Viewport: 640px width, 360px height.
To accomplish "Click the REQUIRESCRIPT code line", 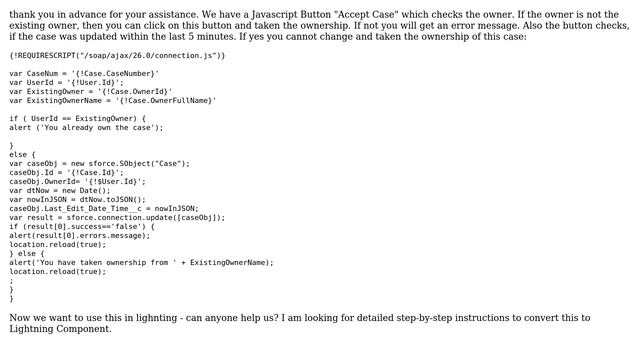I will tap(117, 55).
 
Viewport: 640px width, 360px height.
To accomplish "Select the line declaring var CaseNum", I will tap(84, 73).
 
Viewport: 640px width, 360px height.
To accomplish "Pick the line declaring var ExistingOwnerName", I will tap(112, 100).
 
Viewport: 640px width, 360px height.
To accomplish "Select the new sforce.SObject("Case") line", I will tap(99, 163).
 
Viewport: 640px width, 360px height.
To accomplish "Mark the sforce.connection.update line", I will tap(117, 217).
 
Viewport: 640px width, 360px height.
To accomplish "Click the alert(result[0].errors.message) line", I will tap(80, 235).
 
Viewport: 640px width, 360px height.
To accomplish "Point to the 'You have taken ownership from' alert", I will tap(141, 262).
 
